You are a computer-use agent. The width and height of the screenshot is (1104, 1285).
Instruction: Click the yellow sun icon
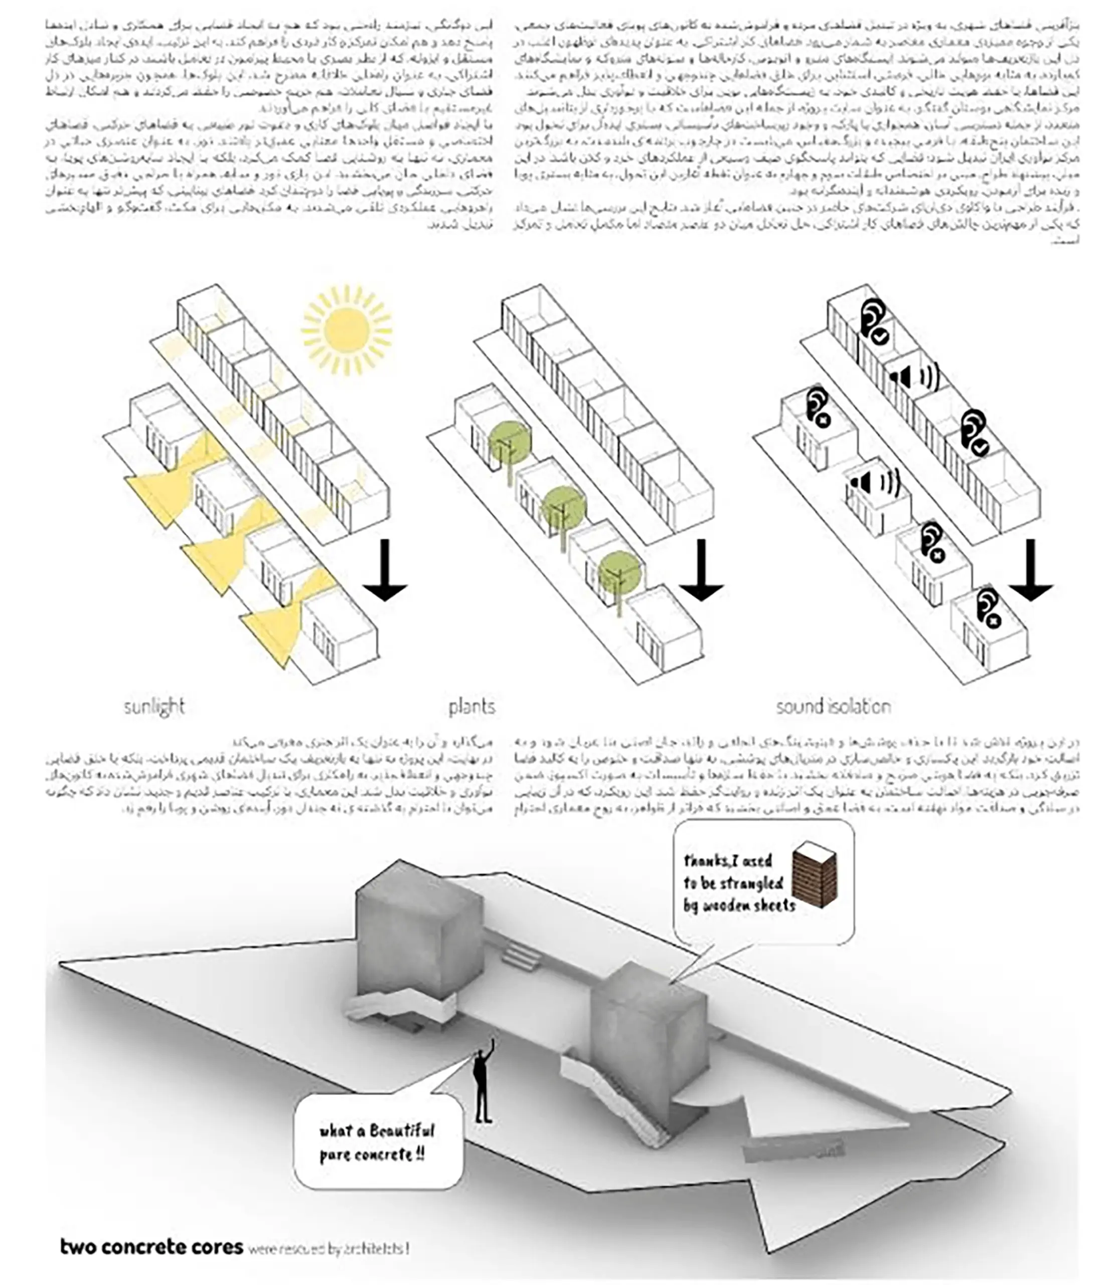[346, 330]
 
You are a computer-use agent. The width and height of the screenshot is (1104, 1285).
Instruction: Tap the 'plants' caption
[471, 706]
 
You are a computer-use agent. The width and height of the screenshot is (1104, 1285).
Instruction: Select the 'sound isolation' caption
[833, 706]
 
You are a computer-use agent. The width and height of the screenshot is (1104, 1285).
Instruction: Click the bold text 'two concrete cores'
[151, 1246]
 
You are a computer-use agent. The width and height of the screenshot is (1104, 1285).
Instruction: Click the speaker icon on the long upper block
[913, 376]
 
